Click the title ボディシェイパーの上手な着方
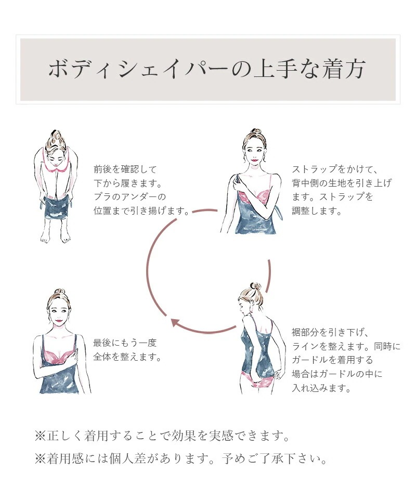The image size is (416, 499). [x=207, y=69]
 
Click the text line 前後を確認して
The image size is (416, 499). [x=125, y=169]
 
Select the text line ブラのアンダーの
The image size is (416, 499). [x=129, y=196]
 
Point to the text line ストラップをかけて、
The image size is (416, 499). [x=335, y=169]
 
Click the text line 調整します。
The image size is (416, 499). [x=317, y=211]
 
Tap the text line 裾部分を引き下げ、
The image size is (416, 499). [x=330, y=332]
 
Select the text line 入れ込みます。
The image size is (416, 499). [x=321, y=388]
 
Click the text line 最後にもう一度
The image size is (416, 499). [x=125, y=343]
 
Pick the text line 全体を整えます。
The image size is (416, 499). [x=127, y=357]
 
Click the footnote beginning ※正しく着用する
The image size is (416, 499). [x=162, y=436]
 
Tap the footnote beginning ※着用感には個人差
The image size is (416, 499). [x=181, y=458]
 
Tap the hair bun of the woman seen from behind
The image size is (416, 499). [x=255, y=286]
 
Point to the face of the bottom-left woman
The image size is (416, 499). [x=59, y=313]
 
